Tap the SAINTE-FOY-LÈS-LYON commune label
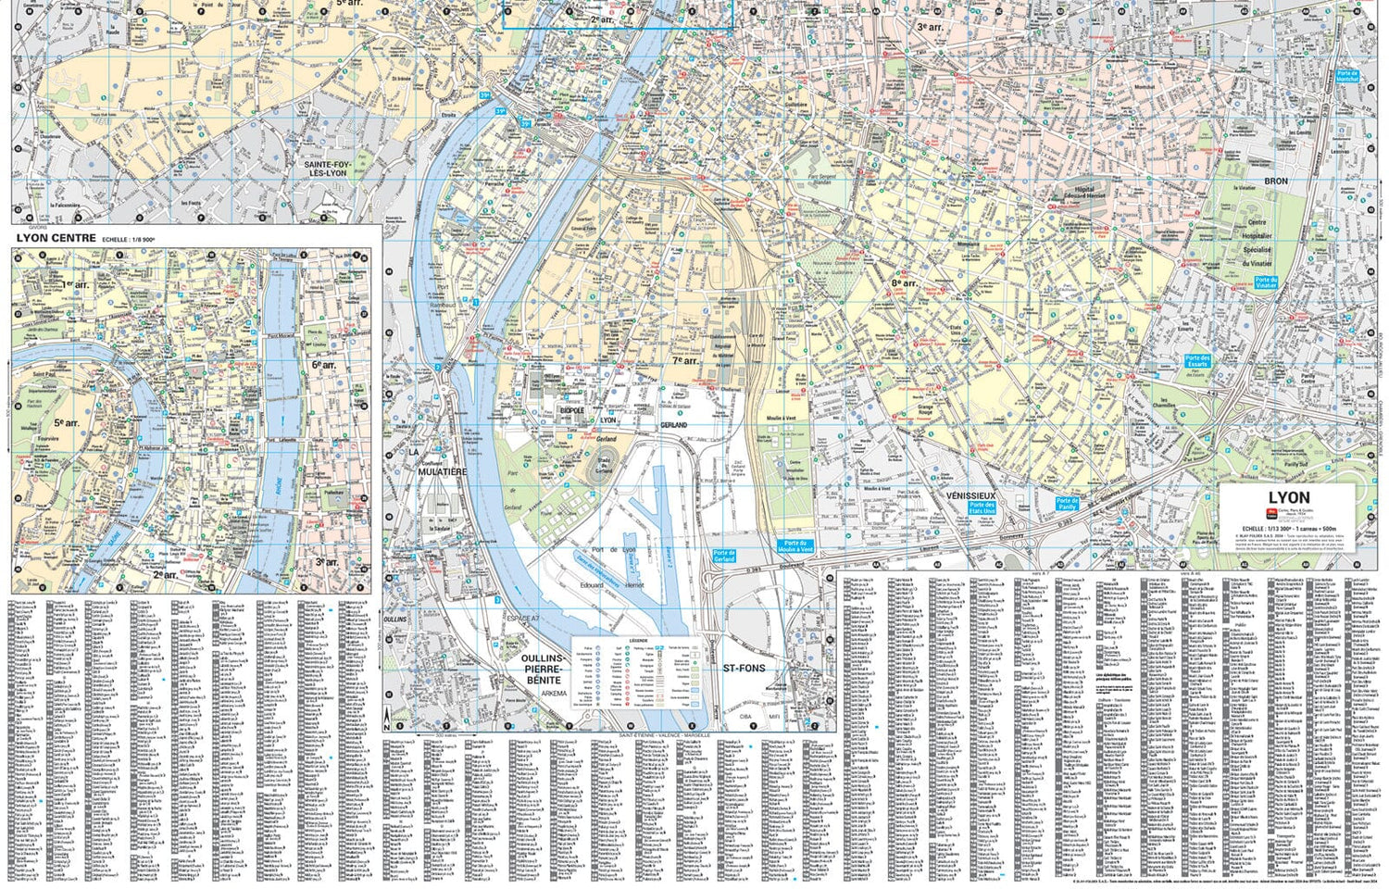pyautogui.click(x=326, y=169)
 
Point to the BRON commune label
pyautogui.click(x=1276, y=182)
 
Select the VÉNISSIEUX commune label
pyautogui.click(x=970, y=496)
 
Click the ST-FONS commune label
pyautogui.click(x=744, y=668)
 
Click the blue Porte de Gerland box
pyautogui.click(x=724, y=556)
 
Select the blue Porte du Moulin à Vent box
pyautogui.click(x=792, y=546)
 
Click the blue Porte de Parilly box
pyautogui.click(x=1067, y=504)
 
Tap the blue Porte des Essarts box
pyautogui.click(x=1197, y=361)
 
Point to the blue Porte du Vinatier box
pyautogui.click(x=1265, y=282)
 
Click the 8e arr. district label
pyautogui.click(x=903, y=282)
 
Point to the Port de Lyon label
pyautogui.click(x=610, y=550)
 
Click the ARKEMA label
pyautogui.click(x=554, y=693)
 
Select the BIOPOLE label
pyautogui.click(x=572, y=409)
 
